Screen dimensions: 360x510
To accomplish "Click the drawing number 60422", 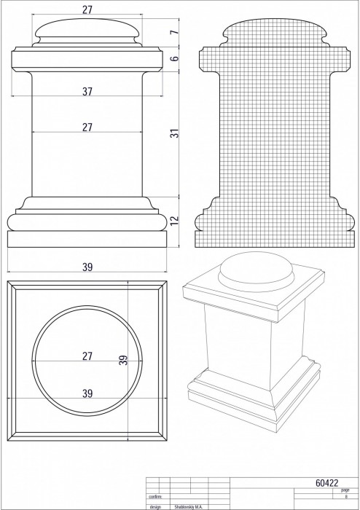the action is point(326,483).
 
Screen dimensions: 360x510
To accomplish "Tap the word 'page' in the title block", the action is point(345,490).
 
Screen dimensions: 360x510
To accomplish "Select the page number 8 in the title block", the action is point(346,497).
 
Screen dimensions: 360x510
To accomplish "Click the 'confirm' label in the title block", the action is point(155,497).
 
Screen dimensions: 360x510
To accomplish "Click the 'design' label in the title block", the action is point(155,507).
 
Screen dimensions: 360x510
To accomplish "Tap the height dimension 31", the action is point(175,133).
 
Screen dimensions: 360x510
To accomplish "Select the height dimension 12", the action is point(175,220).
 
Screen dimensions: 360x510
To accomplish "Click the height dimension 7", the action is point(175,32).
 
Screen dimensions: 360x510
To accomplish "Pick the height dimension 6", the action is point(175,58).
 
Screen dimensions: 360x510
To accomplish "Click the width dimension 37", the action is point(87,92).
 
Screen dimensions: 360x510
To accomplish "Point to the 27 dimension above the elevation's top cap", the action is point(87,10).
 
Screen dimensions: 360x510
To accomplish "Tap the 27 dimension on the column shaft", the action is point(87,127).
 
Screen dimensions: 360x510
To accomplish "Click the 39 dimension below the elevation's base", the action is point(87,267).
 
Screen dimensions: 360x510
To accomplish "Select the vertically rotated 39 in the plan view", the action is point(123,360).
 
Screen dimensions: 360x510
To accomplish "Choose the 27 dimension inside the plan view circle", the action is point(87,356).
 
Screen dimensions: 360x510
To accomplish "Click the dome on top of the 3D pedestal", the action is point(257,270).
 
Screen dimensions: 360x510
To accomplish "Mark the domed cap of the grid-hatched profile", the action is point(275,30).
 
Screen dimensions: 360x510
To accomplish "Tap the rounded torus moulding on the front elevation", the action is point(87,222).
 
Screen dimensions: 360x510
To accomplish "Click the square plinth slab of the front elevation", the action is point(87,239).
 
